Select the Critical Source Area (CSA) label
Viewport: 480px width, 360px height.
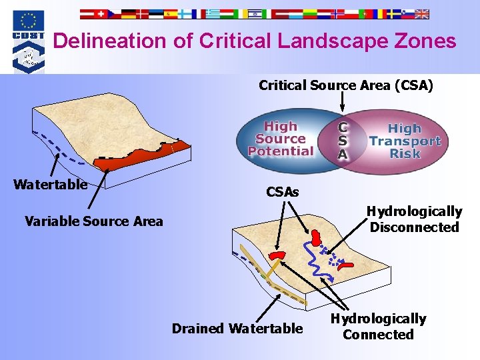click(345, 85)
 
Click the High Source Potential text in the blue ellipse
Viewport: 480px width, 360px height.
click(280, 139)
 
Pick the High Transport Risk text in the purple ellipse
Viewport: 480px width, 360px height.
click(405, 141)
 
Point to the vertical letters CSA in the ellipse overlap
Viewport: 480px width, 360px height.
click(342, 140)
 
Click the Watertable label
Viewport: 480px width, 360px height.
click(50, 185)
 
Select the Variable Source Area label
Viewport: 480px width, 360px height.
click(93, 221)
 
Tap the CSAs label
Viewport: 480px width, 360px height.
click(283, 192)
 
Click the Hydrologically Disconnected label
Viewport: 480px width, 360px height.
click(414, 219)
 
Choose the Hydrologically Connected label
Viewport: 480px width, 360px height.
click(378, 327)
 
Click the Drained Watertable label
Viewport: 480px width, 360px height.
click(237, 328)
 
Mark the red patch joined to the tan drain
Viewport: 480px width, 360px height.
click(279, 255)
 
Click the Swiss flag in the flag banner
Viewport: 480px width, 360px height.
click(101, 13)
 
